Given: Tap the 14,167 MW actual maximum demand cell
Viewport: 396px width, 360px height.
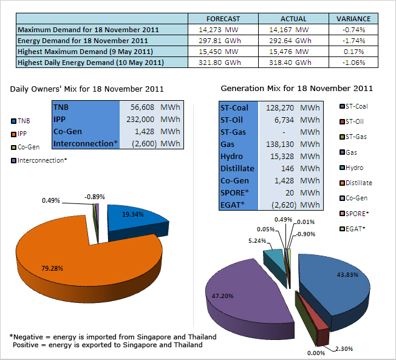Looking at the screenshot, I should [291, 29].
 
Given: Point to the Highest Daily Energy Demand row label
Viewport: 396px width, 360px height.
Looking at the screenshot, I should [90, 63].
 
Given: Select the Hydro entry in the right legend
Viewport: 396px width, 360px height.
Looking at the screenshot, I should [354, 168].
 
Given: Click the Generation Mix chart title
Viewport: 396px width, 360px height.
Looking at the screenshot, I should [296, 89].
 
